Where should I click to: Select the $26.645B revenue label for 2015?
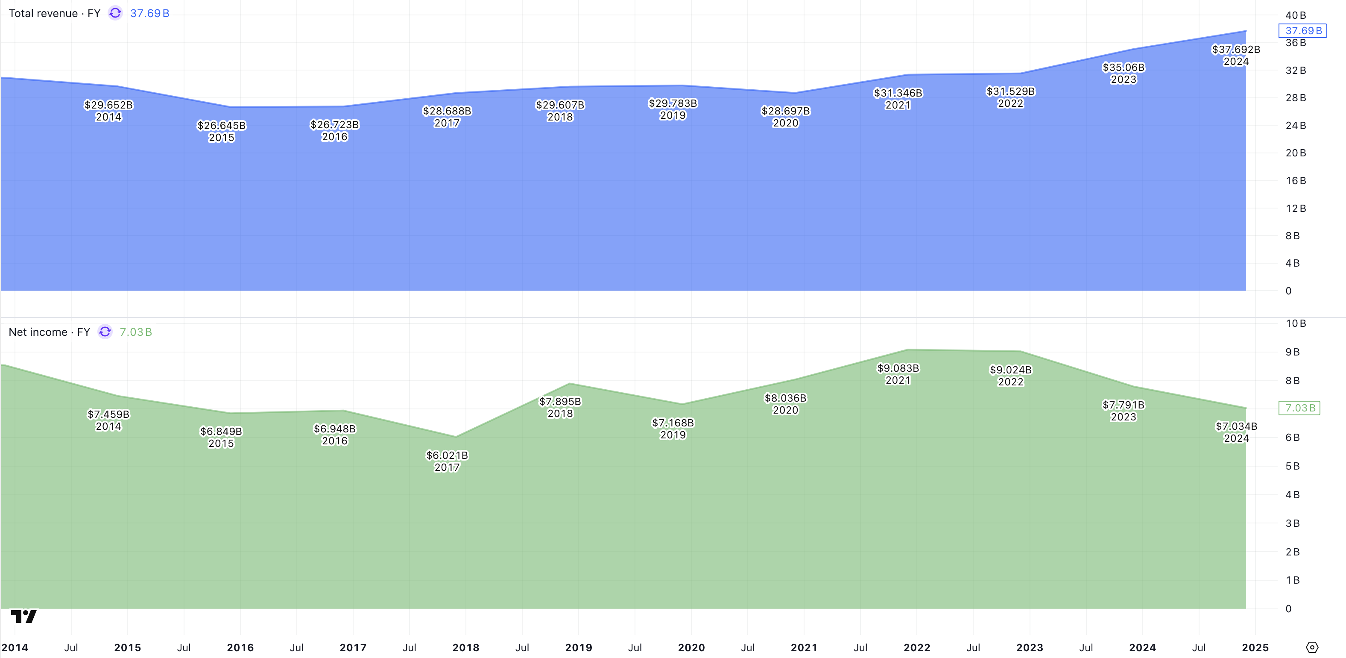(221, 131)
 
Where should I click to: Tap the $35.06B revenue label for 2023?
(1124, 73)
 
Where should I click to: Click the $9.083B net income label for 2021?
(898, 374)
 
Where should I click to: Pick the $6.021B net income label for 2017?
(447, 461)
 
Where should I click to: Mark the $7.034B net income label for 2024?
(1236, 432)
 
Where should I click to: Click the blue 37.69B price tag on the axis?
(1302, 31)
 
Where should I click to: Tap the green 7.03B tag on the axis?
(1299, 408)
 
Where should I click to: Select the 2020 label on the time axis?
(691, 648)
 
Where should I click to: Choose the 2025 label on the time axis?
(1255, 648)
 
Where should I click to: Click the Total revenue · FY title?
(54, 13)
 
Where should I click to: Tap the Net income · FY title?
(49, 332)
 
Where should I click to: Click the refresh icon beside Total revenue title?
(115, 13)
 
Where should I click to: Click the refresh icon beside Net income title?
(105, 332)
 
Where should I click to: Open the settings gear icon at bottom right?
(1312, 648)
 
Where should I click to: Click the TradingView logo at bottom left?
(23, 617)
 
